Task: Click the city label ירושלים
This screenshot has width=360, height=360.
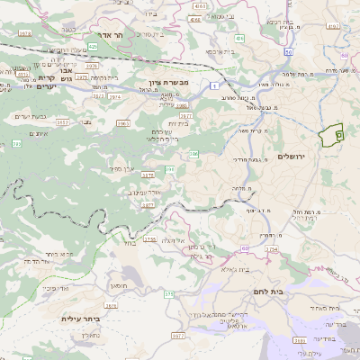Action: pyautogui.click(x=293, y=157)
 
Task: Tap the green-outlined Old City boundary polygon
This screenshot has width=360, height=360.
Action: pyautogui.click(x=332, y=133)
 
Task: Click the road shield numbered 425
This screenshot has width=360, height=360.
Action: pyautogui.click(x=94, y=44)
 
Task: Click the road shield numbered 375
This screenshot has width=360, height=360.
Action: pyautogui.click(x=168, y=293)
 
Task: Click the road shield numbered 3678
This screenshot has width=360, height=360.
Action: pyautogui.click(x=23, y=34)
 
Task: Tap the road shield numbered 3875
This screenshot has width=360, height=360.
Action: pyautogui.click(x=148, y=204)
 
